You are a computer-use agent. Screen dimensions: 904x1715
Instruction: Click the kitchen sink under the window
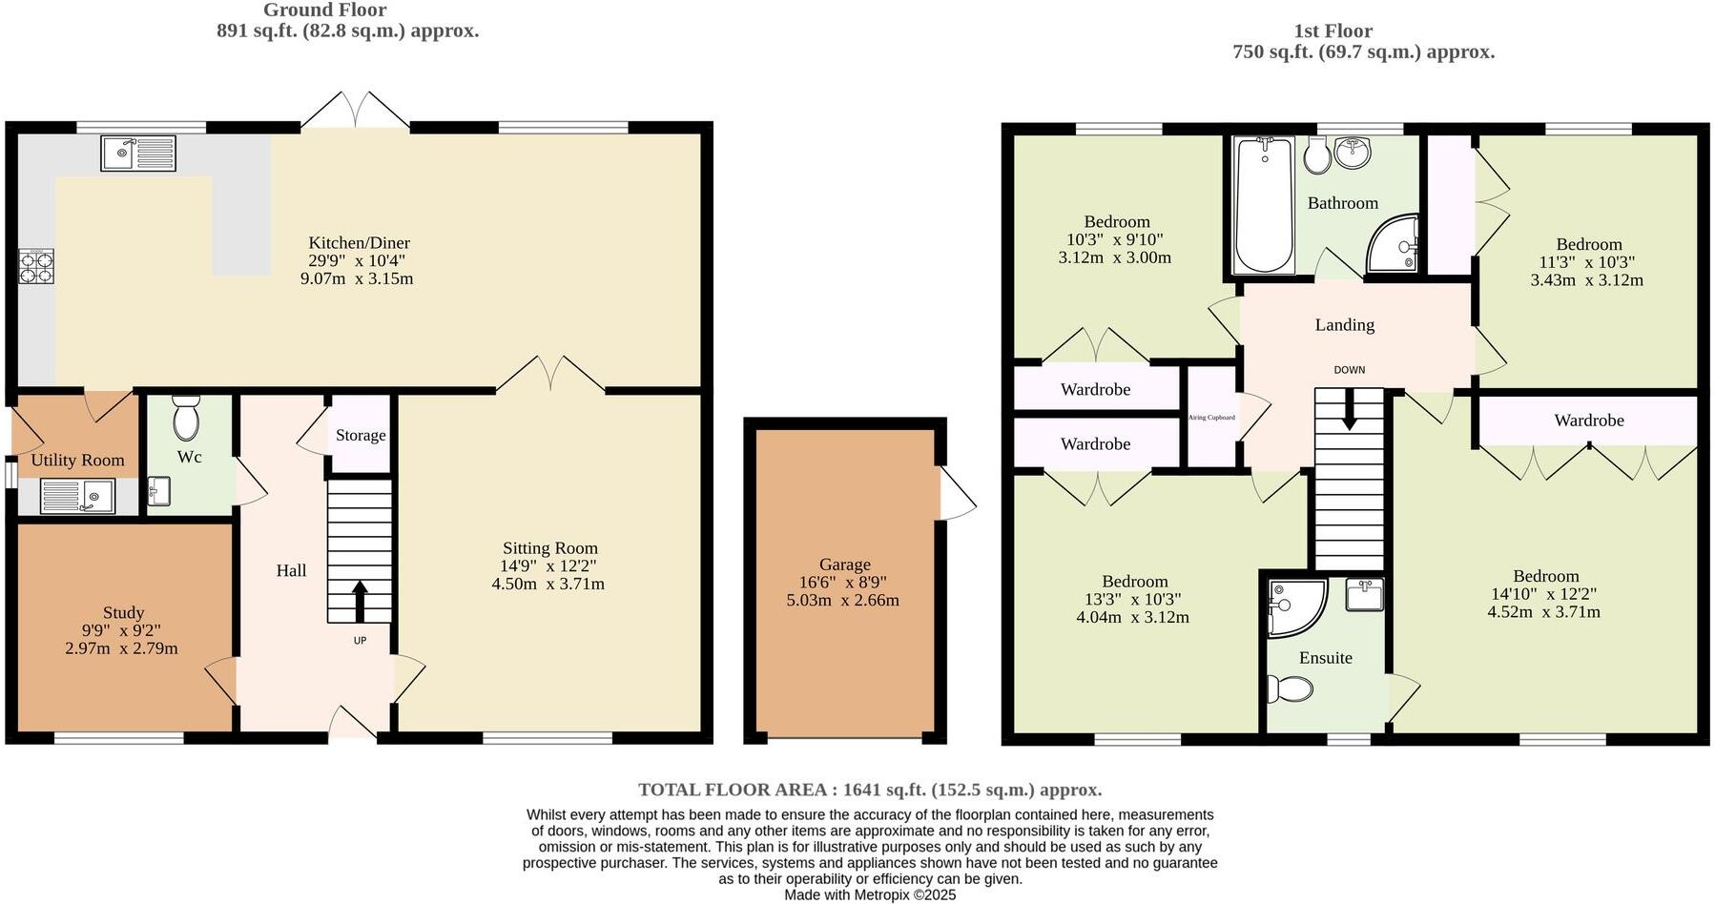tap(138, 154)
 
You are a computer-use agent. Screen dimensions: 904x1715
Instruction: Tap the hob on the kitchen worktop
tap(36, 266)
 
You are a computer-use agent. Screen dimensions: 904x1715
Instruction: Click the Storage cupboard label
tap(361, 436)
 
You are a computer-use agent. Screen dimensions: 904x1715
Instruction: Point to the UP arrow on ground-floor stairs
tap(360, 602)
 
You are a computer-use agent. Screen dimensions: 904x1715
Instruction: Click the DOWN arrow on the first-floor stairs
tap(1349, 413)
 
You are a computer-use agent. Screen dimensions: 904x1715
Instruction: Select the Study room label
tap(123, 613)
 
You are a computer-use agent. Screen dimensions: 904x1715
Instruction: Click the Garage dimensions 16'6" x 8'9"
tap(843, 583)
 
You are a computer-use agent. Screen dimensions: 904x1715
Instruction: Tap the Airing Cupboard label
tap(1211, 418)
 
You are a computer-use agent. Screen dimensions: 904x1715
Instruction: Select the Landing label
tap(1344, 325)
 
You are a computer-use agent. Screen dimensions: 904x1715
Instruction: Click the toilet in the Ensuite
tap(1290, 688)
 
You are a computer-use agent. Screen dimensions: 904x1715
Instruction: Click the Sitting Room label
tap(550, 548)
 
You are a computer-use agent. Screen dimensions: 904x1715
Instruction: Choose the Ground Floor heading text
tap(324, 10)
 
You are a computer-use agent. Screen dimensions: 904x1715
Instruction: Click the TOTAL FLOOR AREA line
tap(869, 790)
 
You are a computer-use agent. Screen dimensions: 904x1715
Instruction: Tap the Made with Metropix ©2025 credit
tap(869, 894)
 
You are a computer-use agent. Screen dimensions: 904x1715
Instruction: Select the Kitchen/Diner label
tap(359, 243)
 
